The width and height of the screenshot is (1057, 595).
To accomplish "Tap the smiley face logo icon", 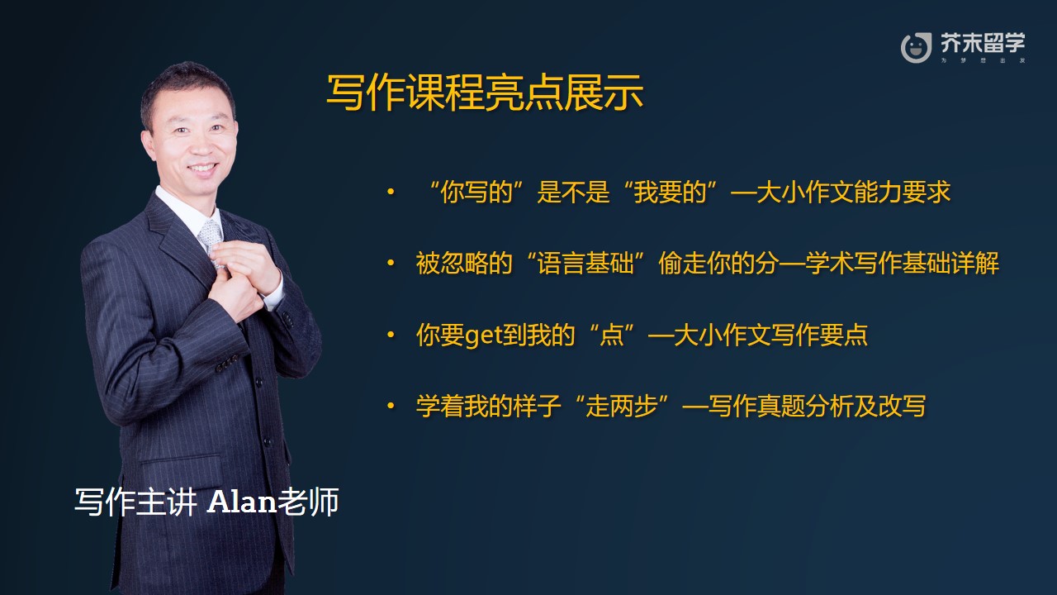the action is click(916, 48).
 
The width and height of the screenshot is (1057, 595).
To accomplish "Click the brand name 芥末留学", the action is click(983, 43).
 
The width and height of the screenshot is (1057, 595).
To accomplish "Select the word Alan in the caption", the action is click(241, 502).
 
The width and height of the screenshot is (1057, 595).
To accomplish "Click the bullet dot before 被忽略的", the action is click(391, 263).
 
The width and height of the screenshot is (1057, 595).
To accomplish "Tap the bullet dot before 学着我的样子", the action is click(391, 406).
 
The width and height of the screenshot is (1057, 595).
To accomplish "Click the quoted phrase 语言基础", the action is click(585, 263).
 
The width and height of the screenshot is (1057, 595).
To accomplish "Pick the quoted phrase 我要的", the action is click(670, 192).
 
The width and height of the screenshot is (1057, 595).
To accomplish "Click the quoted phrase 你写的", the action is click(476, 192).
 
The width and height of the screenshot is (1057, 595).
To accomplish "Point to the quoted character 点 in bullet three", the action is click(612, 335).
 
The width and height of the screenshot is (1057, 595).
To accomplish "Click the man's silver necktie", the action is click(211, 240).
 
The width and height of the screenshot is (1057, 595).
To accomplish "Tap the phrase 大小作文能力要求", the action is click(853, 192).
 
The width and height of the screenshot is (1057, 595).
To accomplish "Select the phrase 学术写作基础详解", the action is click(902, 263).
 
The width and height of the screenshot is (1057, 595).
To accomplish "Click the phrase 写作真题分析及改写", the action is click(817, 406).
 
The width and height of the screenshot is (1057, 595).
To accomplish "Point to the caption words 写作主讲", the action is click(135, 502).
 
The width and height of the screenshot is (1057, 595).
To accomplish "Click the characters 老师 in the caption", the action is click(308, 502).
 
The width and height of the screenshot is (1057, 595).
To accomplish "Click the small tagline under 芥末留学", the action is click(983, 60).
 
